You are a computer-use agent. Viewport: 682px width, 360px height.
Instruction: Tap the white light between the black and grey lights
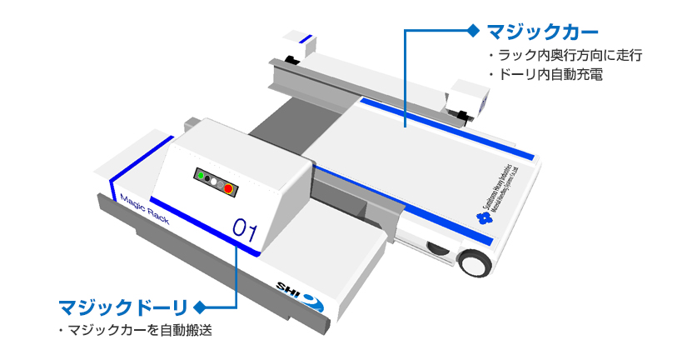(213, 180)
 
